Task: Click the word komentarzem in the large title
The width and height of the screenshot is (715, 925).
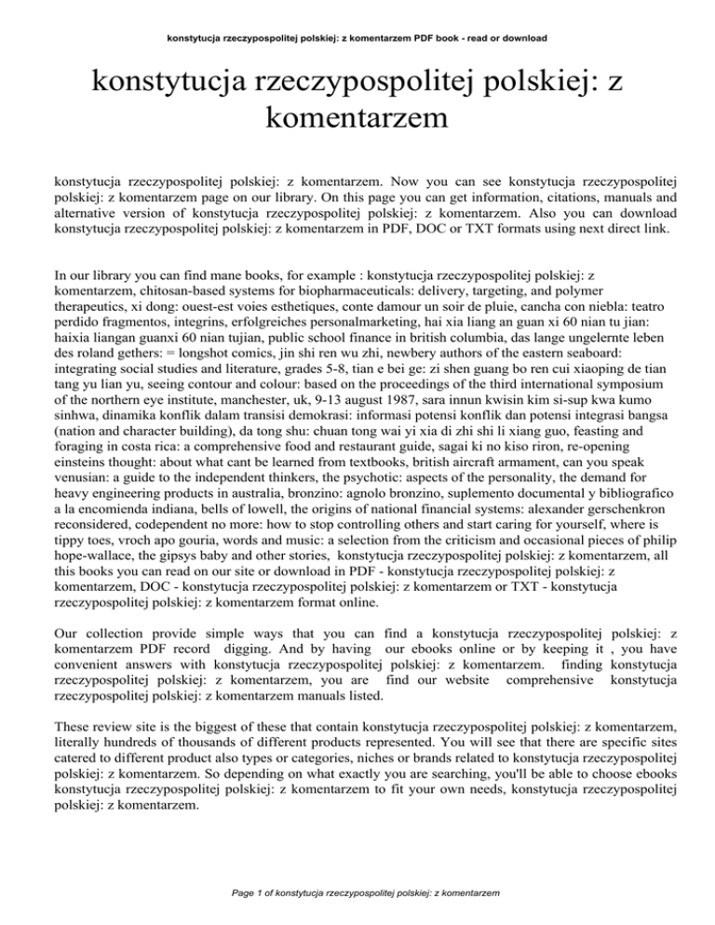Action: point(357,118)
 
